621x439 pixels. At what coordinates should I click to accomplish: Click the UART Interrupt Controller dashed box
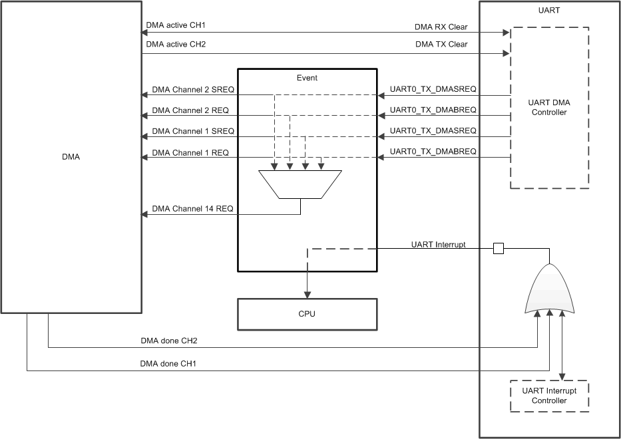tap(549, 396)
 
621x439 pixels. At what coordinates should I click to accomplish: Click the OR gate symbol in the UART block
tap(550, 290)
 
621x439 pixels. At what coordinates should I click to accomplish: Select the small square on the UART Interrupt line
tap(498, 249)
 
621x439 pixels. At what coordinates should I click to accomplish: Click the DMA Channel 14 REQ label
tap(193, 209)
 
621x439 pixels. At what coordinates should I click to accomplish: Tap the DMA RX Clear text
tap(441, 27)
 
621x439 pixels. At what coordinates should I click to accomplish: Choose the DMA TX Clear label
tap(441, 45)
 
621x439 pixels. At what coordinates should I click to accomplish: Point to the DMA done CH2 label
tap(169, 341)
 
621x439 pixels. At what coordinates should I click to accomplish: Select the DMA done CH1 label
tap(169, 364)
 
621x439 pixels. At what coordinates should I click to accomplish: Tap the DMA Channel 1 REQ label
tap(190, 152)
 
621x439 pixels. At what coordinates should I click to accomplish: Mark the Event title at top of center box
tap(307, 78)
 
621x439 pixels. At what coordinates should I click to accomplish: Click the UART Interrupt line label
tap(437, 245)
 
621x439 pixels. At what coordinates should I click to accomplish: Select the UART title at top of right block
tap(549, 11)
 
